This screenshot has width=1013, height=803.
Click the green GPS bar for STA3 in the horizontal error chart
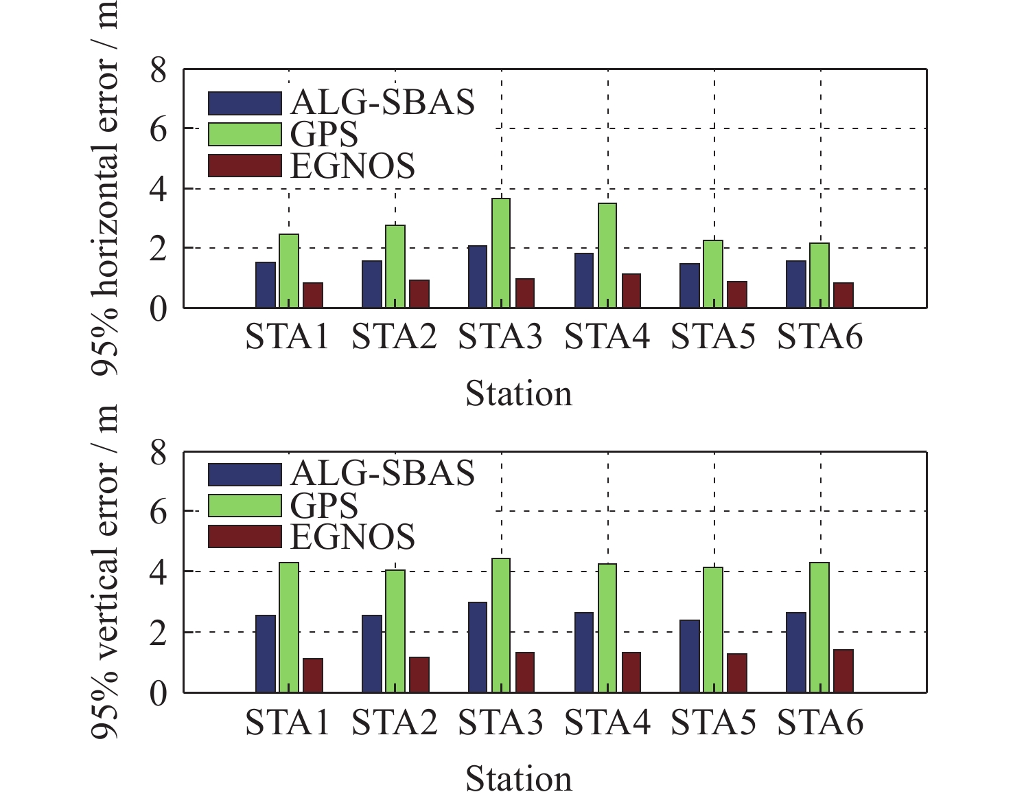502,253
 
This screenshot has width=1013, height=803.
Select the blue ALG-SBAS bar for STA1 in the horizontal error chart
266,284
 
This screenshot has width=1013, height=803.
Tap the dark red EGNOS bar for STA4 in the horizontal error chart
631,291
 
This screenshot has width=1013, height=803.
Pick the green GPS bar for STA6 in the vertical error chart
819,627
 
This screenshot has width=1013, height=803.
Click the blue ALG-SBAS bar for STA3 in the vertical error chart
478,646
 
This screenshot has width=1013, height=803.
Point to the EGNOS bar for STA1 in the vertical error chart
313,675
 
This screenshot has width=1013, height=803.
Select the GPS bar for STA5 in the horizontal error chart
713,273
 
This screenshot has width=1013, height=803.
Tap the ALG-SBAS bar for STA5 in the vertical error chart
690,655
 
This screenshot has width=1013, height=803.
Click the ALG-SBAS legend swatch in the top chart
245,103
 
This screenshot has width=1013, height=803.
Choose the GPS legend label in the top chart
324,135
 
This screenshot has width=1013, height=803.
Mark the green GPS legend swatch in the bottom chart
245,506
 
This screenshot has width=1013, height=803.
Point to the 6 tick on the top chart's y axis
159,129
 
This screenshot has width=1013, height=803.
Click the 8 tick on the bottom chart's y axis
159,453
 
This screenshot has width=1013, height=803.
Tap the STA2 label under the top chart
394,337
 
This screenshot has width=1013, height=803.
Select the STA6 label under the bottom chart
819,723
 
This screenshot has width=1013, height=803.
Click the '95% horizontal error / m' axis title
105,185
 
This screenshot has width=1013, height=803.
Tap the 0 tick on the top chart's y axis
159,308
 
